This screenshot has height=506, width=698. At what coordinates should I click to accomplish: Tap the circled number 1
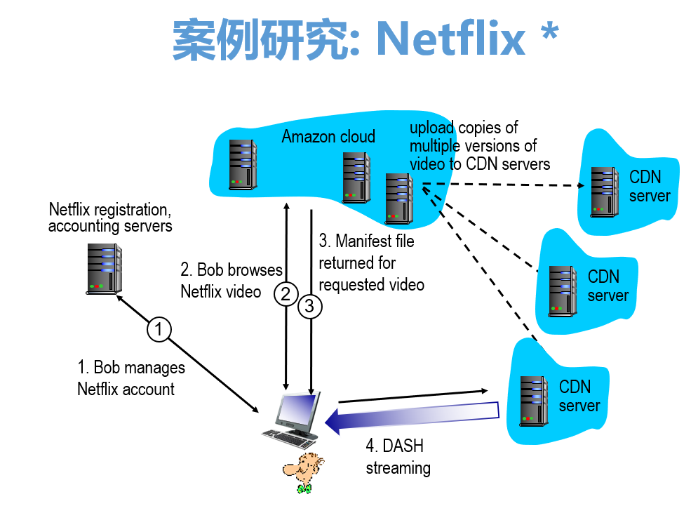pos(159,329)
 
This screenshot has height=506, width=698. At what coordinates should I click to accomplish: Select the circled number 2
pos(286,294)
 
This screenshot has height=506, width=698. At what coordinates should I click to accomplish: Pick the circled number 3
pos(310,306)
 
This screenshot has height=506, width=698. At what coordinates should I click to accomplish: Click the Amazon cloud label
pos(328,136)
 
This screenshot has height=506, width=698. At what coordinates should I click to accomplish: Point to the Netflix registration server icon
pos(104,267)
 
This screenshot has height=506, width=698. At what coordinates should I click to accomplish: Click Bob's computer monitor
pos(297,411)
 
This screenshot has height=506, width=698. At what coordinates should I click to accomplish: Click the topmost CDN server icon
pos(604,189)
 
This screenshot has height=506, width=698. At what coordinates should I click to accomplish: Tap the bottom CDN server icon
pos(534,401)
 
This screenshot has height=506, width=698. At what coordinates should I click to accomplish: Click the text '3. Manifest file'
pos(366,241)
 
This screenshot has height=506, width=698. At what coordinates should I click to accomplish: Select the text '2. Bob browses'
pos(231,270)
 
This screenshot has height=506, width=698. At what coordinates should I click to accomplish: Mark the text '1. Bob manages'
pos(131,368)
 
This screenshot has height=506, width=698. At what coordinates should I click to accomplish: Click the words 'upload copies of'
pos(463,128)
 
